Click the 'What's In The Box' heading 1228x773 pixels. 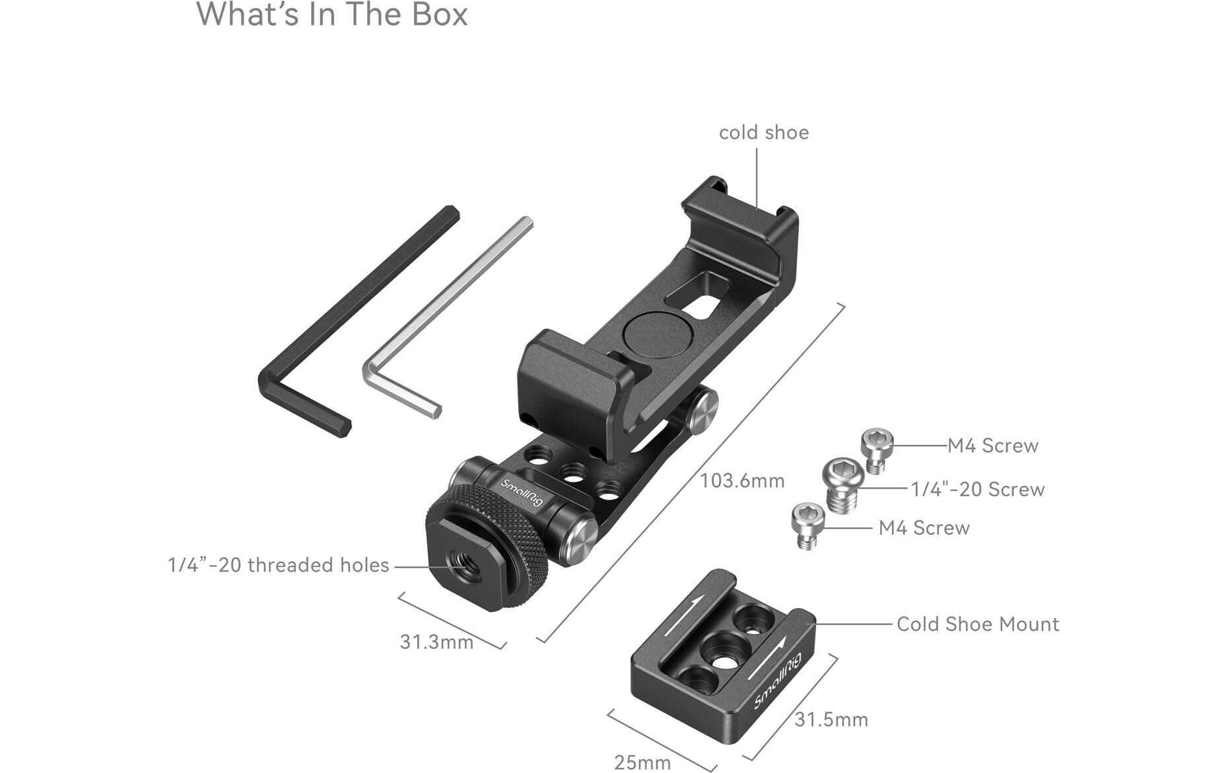332,15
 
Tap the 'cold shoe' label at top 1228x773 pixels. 763,133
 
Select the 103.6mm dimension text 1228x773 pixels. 742,481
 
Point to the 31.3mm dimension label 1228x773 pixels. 436,642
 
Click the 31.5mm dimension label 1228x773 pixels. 831,720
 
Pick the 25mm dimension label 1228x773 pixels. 642,762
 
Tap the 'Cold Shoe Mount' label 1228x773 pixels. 977,624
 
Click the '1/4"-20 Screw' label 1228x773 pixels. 977,490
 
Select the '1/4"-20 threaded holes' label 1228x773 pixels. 278,566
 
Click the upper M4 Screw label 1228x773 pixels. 992,446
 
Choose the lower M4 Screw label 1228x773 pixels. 924,528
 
